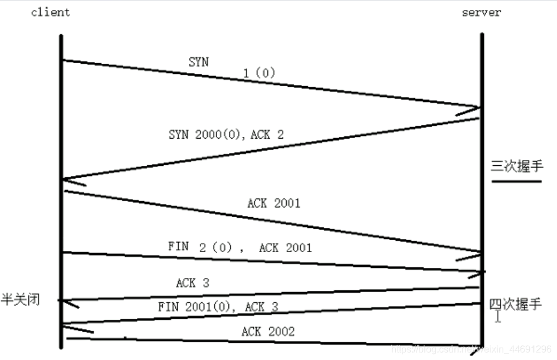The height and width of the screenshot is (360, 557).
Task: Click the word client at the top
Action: [50, 12]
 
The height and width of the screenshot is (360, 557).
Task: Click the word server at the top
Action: [481, 12]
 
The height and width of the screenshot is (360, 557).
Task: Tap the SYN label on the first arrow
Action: [198, 61]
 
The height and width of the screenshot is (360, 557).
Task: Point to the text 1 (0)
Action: [259, 73]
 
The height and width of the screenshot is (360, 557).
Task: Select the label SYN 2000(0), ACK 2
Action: [226, 135]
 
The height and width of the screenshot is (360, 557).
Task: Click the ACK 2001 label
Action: [274, 203]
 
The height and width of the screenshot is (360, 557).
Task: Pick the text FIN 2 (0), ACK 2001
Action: [240, 247]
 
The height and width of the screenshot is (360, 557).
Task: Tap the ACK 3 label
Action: [192, 283]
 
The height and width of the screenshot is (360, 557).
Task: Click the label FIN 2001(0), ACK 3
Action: [218, 306]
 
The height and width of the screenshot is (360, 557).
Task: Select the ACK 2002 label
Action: [268, 332]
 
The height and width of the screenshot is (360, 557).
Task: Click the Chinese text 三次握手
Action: [516, 166]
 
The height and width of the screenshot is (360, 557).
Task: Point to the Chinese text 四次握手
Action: [515, 304]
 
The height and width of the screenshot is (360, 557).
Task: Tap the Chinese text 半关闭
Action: [20, 300]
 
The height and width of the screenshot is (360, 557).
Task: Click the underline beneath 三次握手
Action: [516, 181]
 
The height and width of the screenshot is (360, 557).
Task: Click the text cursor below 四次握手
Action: [499, 318]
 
